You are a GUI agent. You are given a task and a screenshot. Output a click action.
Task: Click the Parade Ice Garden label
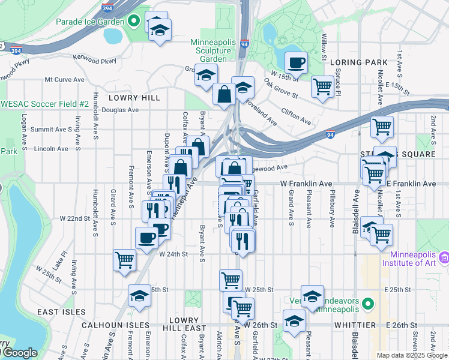click(x=89, y=22)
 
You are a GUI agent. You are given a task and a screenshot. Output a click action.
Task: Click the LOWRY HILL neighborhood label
click(x=133, y=97)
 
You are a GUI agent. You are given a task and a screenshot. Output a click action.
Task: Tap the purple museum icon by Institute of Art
click(x=444, y=257)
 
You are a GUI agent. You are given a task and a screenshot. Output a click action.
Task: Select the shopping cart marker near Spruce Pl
click(x=323, y=86)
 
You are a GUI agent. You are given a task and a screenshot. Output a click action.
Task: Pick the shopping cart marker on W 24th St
click(x=124, y=260)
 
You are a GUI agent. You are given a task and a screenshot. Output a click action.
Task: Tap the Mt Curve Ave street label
click(x=65, y=79)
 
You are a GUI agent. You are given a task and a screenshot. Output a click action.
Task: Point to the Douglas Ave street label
click(x=120, y=110)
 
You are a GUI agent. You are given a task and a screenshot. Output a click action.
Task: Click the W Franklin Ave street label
click(x=306, y=184)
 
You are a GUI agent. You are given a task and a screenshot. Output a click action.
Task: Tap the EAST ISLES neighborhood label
click(x=57, y=312)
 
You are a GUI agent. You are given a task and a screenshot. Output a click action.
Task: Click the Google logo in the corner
click(x=19, y=353)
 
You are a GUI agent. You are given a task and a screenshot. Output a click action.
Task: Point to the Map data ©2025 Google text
click(x=411, y=355)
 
